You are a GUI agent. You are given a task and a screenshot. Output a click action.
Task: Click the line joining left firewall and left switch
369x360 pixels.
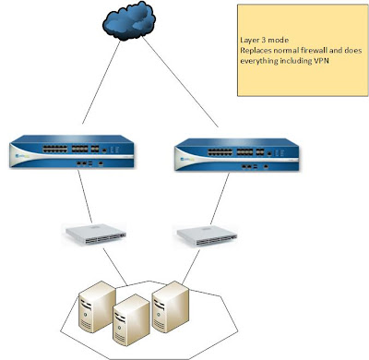tap(86, 198)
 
